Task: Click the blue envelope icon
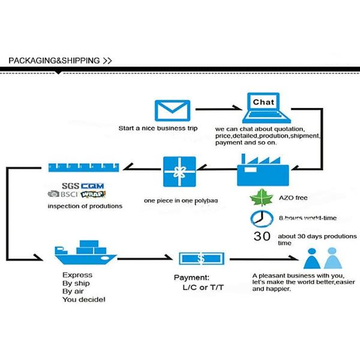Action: point(168,111)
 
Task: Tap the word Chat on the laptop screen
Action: point(263,102)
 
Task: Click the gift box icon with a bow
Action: point(179,172)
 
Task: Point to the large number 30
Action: point(262,236)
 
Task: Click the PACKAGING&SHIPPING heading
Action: point(55,61)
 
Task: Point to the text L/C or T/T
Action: point(203,288)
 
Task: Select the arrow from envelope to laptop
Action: point(219,110)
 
